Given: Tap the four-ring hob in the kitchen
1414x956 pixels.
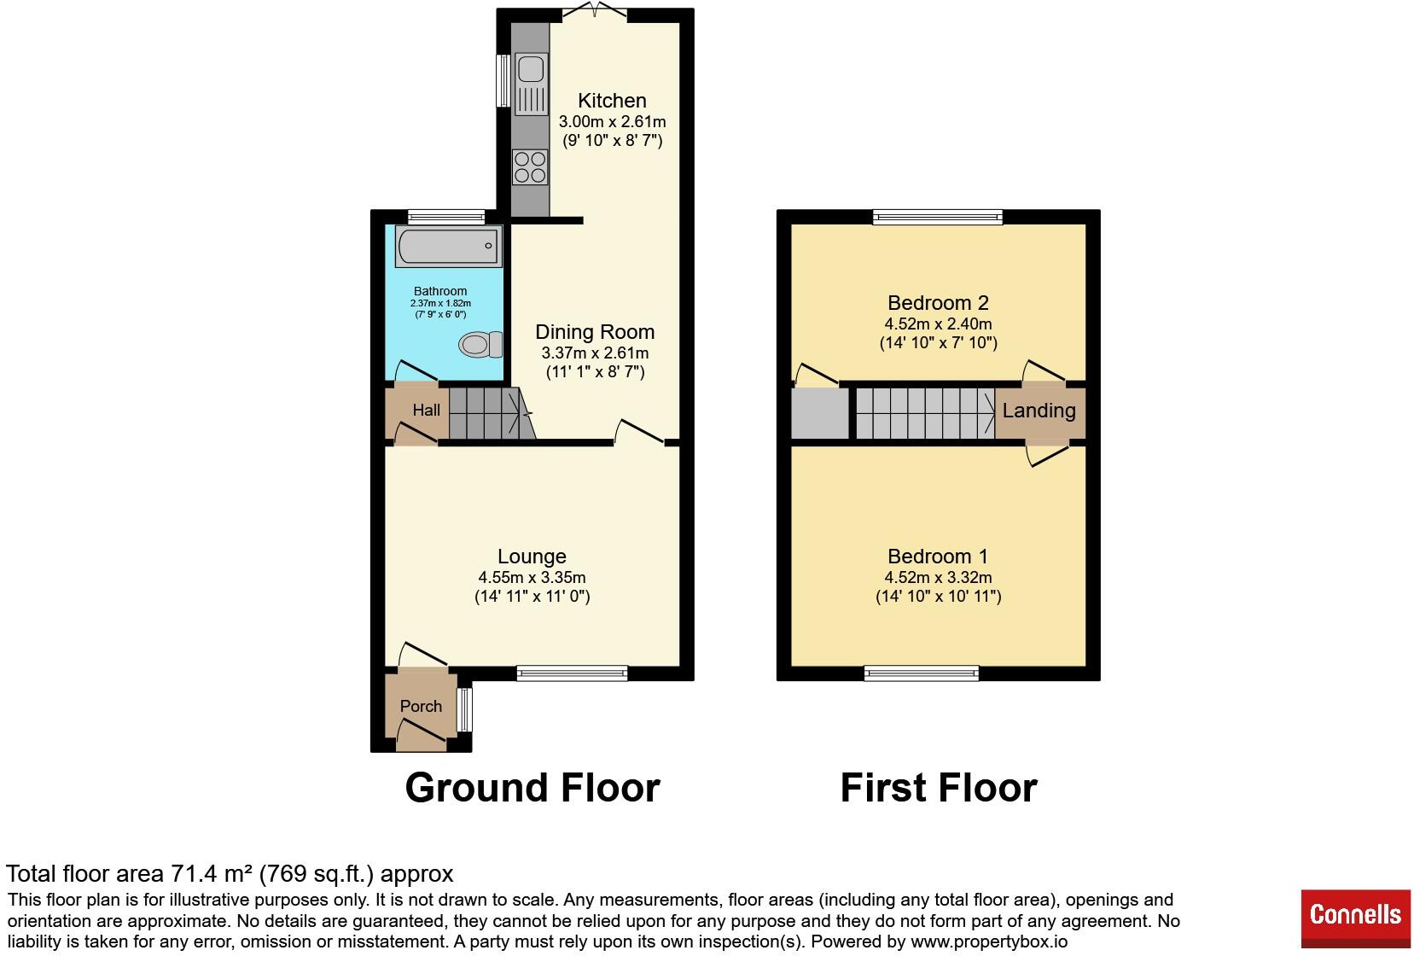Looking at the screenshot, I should point(530,166).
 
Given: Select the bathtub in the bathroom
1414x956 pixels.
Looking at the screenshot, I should point(449,246).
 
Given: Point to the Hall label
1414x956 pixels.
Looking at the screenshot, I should point(426,411).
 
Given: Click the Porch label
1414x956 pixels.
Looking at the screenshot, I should point(421,707).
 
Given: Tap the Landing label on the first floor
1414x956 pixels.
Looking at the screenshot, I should point(1039,411).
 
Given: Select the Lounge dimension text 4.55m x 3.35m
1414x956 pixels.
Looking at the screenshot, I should point(532,578).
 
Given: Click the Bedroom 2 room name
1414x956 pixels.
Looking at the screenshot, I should point(938,303).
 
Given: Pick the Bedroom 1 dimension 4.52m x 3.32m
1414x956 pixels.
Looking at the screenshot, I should point(938,578).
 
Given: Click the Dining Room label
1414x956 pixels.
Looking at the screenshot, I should point(595,332).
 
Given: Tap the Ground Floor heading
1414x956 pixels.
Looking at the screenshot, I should point(532,787).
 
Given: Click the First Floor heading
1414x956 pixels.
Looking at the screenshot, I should point(938,787).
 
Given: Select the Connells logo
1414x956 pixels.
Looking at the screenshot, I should point(1354,916).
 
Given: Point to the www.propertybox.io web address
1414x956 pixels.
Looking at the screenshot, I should point(988,942).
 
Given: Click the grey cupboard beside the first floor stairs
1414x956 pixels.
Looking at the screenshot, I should point(819,414).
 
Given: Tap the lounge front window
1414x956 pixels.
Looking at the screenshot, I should point(572,673).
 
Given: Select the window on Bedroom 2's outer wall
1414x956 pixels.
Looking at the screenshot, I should point(937,217).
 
